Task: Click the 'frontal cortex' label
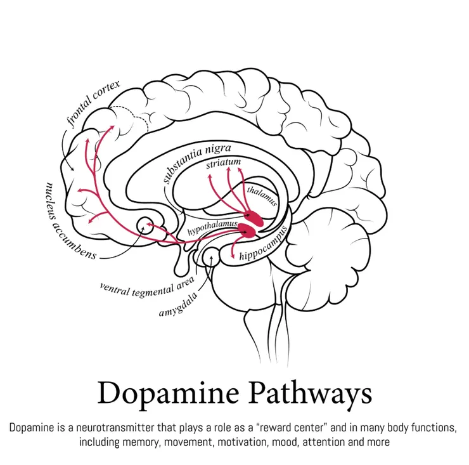click(x=92, y=104)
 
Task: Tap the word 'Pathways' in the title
click(x=316, y=393)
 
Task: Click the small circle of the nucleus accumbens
click(x=146, y=224)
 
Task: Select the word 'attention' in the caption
click(x=337, y=441)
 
